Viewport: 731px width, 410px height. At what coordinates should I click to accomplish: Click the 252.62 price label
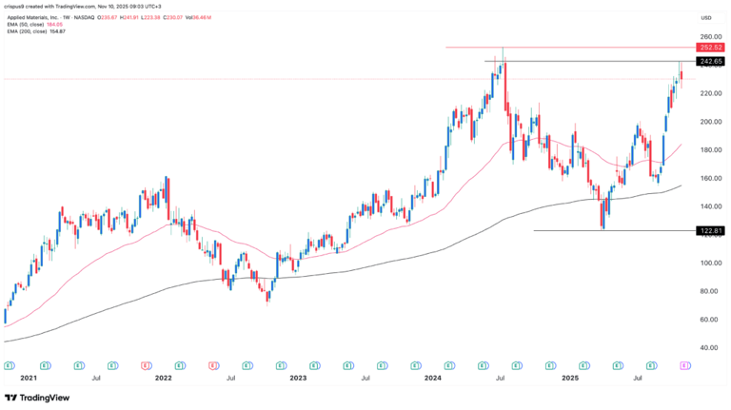point(707,47)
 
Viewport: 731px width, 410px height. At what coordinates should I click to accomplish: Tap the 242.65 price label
point(707,61)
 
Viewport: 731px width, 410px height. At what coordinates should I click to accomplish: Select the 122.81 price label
point(707,230)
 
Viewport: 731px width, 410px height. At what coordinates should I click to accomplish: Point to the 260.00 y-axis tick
point(706,36)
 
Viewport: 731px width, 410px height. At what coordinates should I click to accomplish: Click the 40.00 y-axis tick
point(705,347)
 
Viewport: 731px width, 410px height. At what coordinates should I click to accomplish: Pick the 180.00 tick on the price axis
point(706,149)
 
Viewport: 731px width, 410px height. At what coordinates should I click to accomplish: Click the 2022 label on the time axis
point(163,378)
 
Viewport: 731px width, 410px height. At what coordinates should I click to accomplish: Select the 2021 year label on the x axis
point(29,378)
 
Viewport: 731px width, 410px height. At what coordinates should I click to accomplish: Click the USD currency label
point(706,17)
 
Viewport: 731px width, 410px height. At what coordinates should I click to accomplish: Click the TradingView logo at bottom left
point(38,397)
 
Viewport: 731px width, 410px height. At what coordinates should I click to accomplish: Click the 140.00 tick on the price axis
point(706,206)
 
